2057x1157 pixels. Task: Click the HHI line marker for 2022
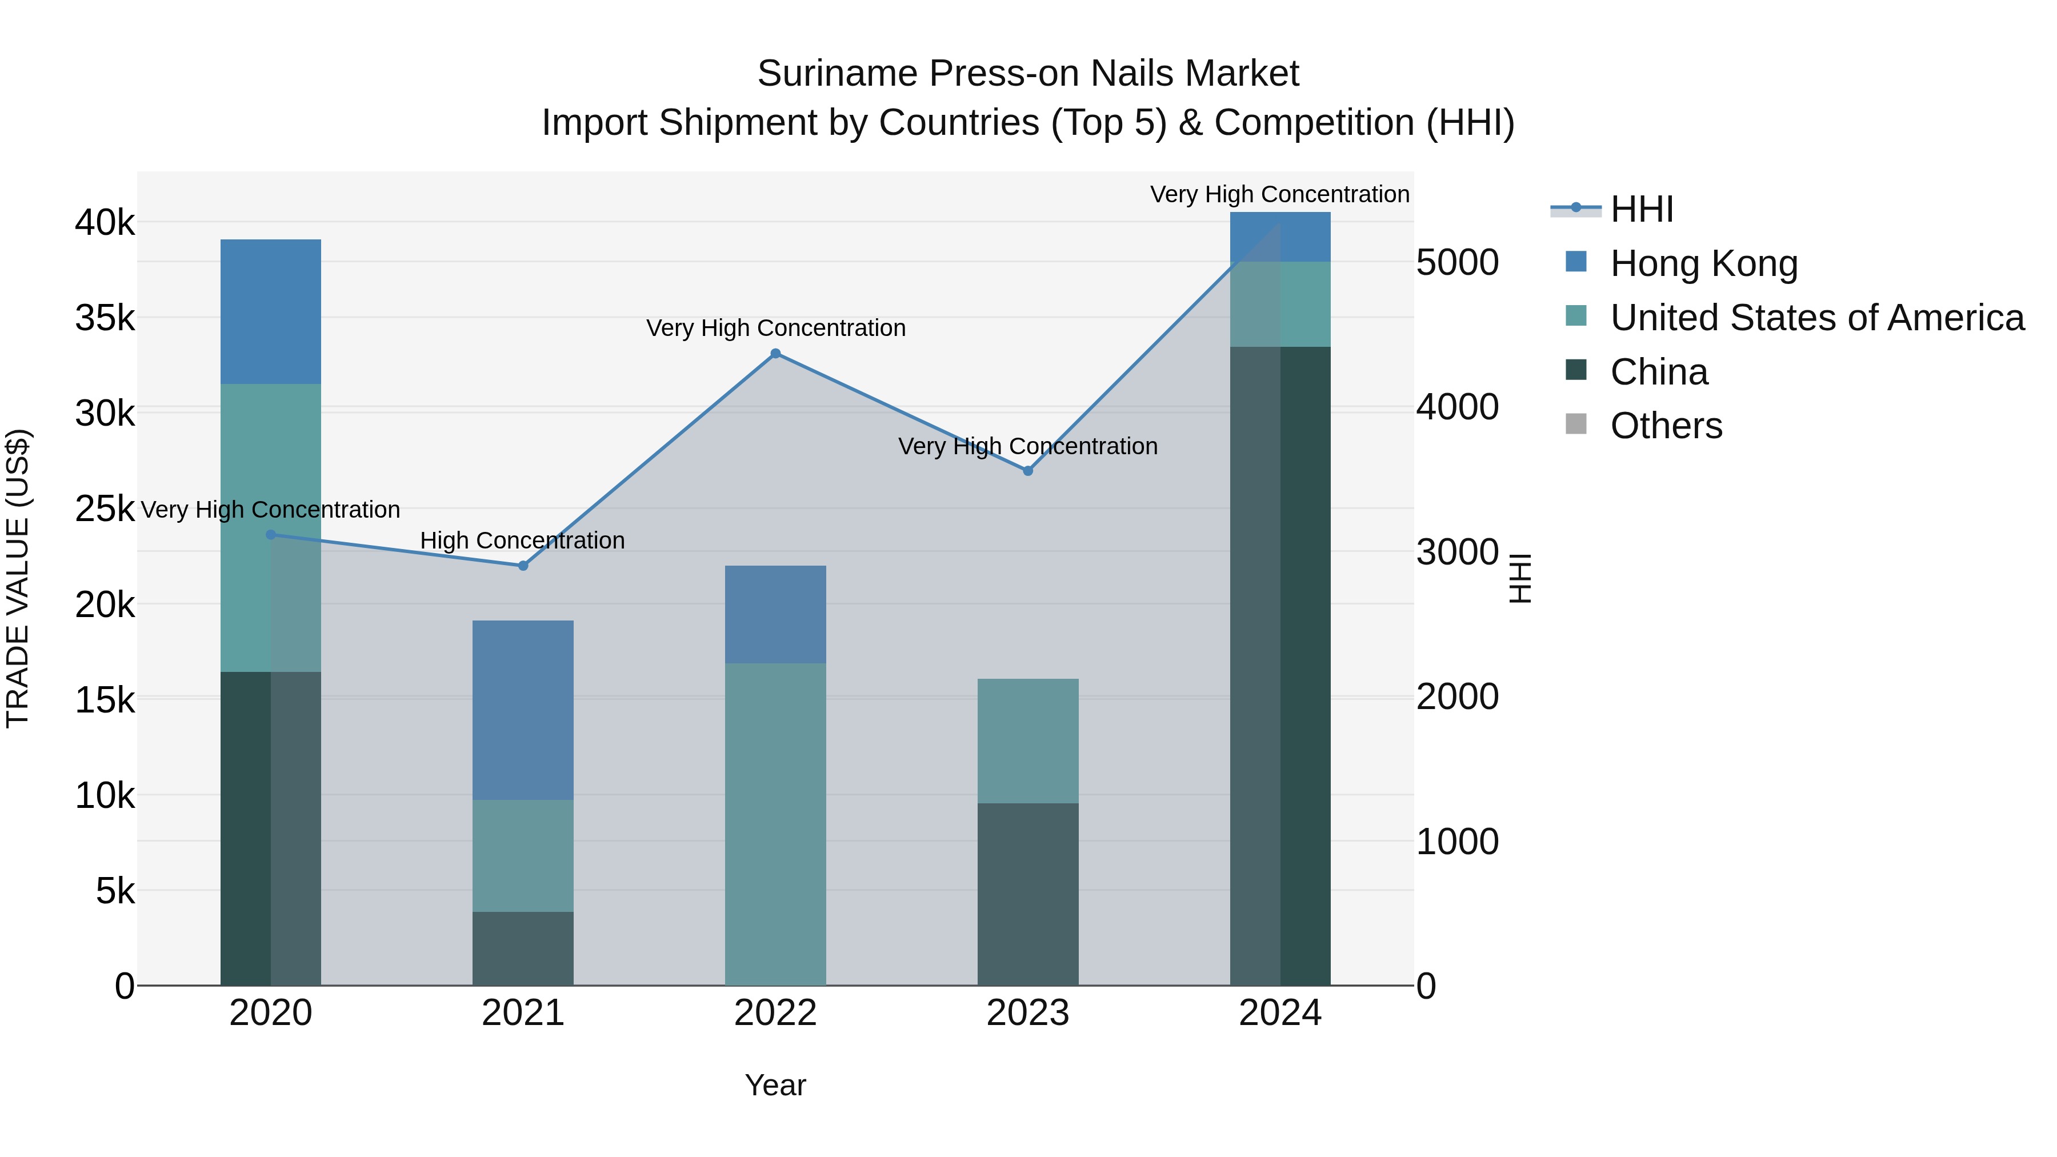[x=775, y=354]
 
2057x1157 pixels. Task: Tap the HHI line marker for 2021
[x=523, y=565]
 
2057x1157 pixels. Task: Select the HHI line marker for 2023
[x=1028, y=471]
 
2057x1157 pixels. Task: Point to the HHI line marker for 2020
[x=271, y=535]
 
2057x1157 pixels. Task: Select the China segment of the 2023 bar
[x=1028, y=894]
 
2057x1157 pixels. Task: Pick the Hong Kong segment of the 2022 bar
[x=775, y=614]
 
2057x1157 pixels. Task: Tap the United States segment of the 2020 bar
[x=271, y=527]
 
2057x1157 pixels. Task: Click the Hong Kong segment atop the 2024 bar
[x=1280, y=237]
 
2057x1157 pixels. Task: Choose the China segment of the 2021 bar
[x=523, y=948]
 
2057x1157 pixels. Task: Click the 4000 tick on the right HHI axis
[x=1457, y=407]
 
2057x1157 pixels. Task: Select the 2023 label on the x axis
[x=1028, y=1013]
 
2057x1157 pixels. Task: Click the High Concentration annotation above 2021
[x=522, y=541]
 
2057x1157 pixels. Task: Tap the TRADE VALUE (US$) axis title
[x=18, y=578]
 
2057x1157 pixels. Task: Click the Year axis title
[x=775, y=1085]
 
